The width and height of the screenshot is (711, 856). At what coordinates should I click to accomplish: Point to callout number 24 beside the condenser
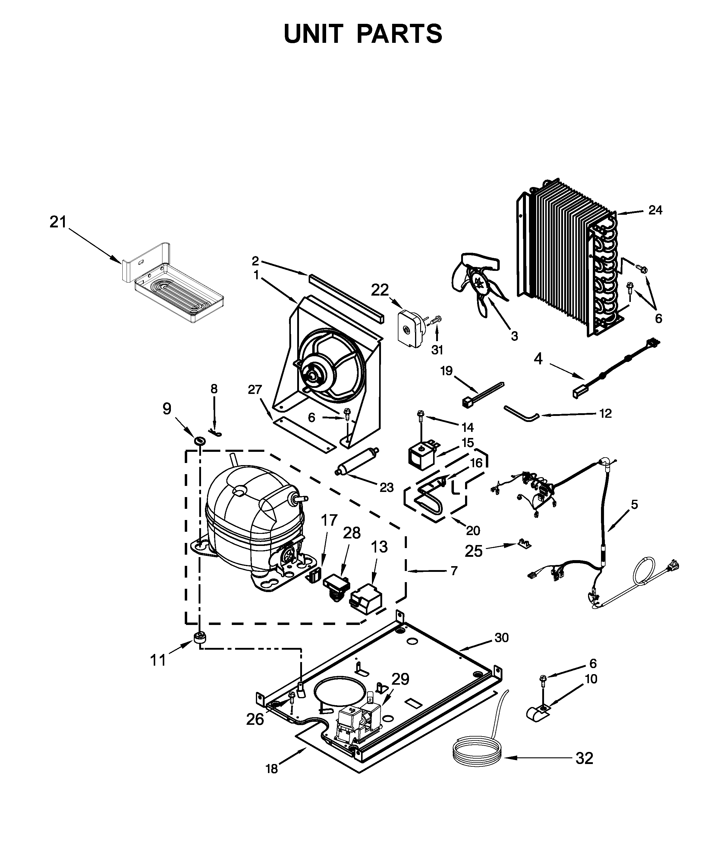click(x=655, y=210)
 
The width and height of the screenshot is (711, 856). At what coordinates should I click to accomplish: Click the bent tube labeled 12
click(x=521, y=413)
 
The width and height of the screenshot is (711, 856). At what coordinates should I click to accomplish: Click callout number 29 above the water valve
click(x=400, y=679)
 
